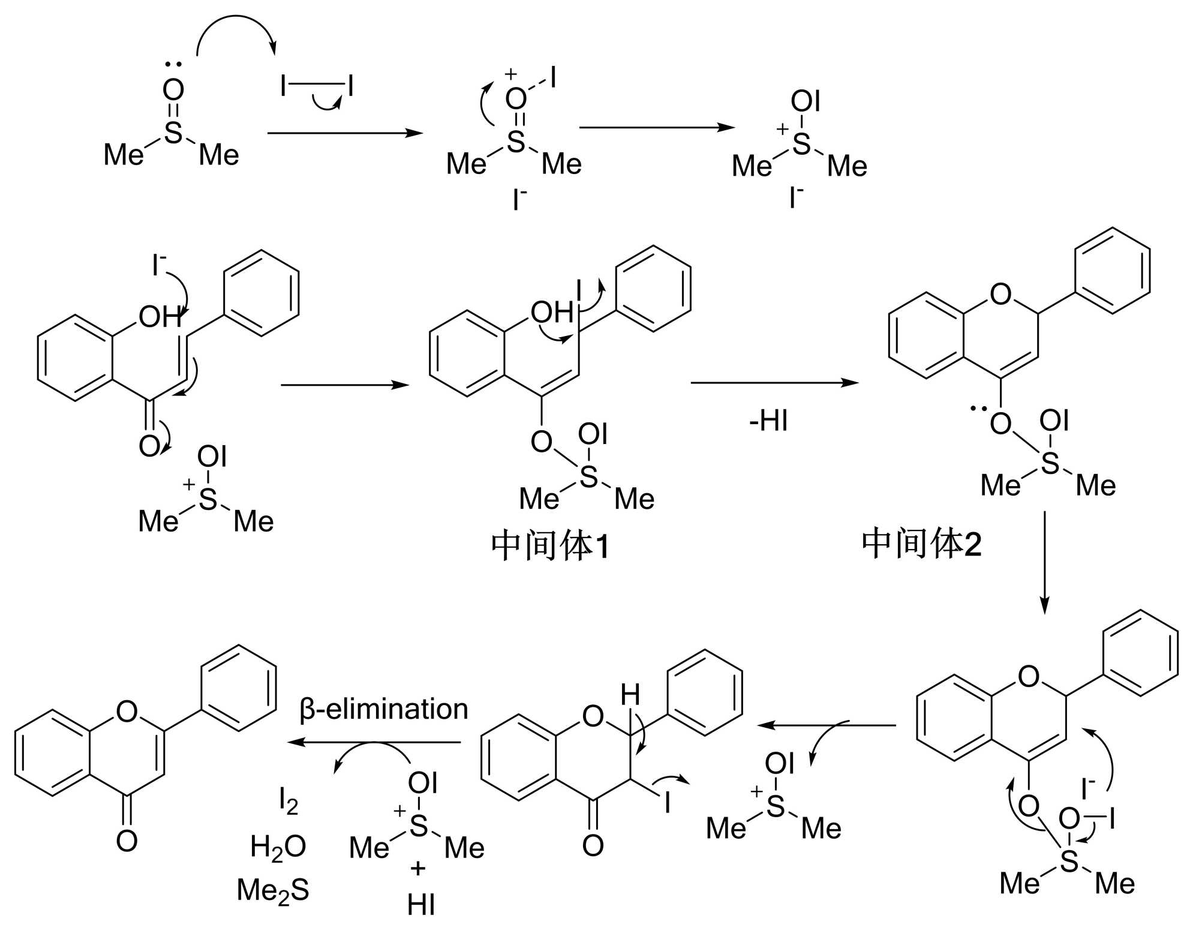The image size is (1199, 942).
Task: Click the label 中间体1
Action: [x=550, y=546]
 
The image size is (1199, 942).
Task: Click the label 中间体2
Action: [x=921, y=544]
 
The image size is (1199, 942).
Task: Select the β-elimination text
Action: [x=384, y=709]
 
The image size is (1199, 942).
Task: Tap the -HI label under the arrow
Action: [x=768, y=421]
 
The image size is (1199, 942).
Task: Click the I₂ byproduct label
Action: [x=289, y=800]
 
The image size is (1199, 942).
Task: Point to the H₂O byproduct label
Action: [x=278, y=847]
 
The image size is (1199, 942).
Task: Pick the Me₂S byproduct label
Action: [x=273, y=890]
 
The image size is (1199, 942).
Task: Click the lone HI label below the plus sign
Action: [x=420, y=905]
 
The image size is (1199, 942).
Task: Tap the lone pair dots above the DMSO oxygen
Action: [x=173, y=64]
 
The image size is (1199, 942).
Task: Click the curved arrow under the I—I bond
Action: [x=327, y=104]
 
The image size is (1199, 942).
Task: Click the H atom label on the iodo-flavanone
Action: [x=630, y=695]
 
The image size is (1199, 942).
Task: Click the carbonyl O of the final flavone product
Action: [x=127, y=841]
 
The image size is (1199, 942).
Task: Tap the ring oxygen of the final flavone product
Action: [x=127, y=712]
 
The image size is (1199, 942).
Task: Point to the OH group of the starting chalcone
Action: [x=160, y=316]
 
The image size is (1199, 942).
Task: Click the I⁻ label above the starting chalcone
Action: [x=158, y=265]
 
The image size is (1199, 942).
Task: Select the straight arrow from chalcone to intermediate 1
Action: [x=344, y=385]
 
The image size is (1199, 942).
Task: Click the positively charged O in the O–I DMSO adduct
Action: [x=516, y=98]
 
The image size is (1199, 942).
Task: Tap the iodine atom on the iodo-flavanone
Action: [x=667, y=802]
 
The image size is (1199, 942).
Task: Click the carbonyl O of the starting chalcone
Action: [x=149, y=446]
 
